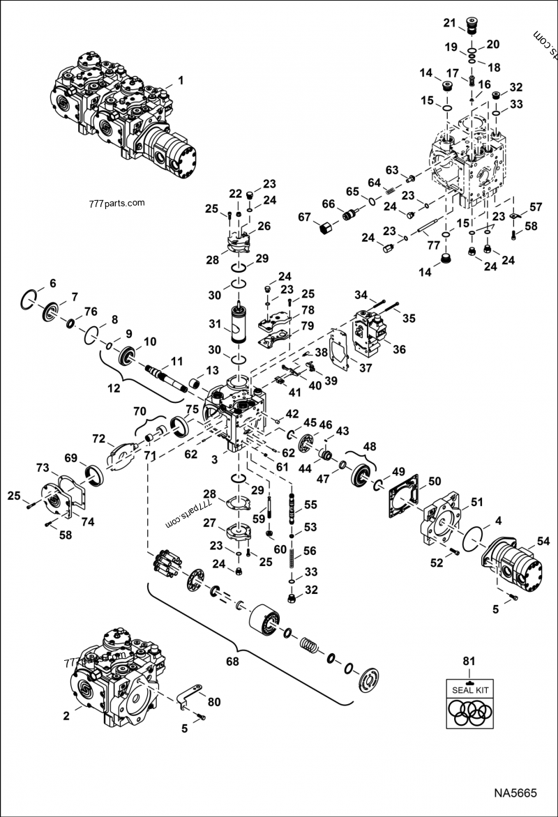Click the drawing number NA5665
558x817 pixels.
[515, 793]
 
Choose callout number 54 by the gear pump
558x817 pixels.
[542, 541]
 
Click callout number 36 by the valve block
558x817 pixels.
[398, 350]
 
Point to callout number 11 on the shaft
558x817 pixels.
[176, 361]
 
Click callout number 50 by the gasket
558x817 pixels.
[435, 481]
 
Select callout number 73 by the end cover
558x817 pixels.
[43, 466]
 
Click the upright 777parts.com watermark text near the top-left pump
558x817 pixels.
[116, 204]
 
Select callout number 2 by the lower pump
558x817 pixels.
[66, 715]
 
